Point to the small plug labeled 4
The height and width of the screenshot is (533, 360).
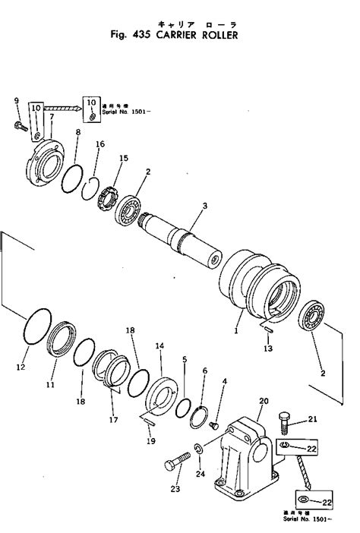tap(214, 424)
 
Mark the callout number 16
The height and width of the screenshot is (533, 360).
tap(100, 144)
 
